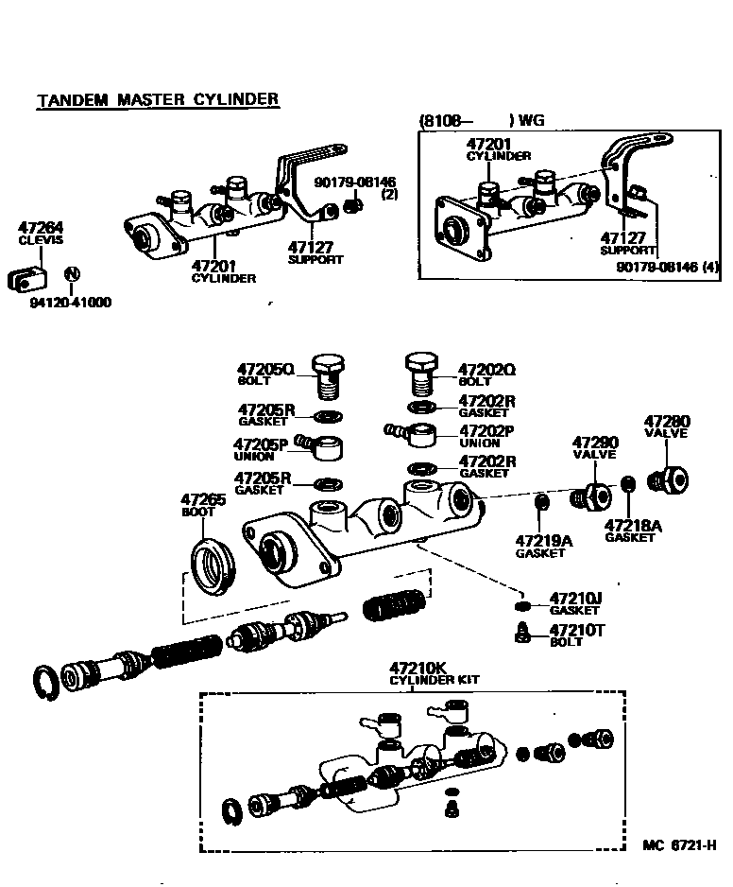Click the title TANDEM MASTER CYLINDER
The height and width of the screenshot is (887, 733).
coord(158,99)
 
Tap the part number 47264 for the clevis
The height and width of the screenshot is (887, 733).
coord(41,228)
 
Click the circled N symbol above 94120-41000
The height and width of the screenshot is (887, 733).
coord(72,275)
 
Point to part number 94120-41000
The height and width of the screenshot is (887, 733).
coord(71,304)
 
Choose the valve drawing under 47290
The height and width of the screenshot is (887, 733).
coord(592,495)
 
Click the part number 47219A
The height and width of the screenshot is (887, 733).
coord(544,540)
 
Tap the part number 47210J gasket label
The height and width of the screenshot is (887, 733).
coord(575,599)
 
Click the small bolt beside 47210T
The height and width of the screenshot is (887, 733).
coord(520,632)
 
